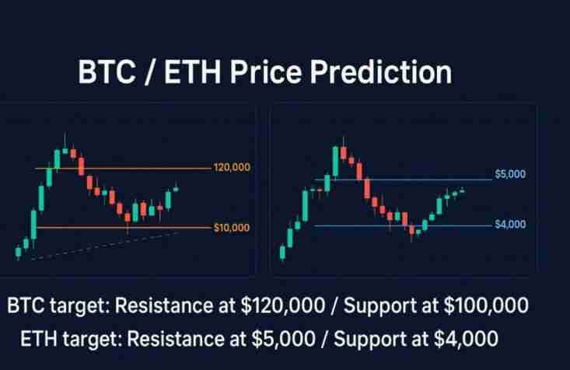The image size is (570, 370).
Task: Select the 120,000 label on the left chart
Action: (232, 168)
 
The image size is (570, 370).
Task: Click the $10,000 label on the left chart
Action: (231, 228)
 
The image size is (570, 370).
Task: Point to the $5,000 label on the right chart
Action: (510, 174)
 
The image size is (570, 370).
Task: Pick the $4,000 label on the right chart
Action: (510, 225)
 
